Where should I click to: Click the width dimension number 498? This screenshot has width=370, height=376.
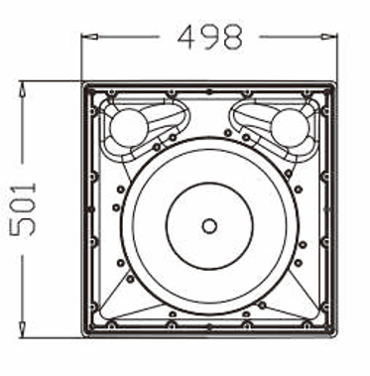pyautogui.click(x=209, y=37)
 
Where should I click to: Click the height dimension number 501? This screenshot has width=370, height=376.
pyautogui.click(x=23, y=208)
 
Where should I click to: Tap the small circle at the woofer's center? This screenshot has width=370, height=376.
pyautogui.click(x=209, y=225)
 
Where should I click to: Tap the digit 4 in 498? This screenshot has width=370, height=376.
pyautogui.click(x=186, y=37)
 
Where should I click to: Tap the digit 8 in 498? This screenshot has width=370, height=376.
pyautogui.click(x=232, y=37)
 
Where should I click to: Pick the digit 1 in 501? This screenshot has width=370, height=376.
pyautogui.click(x=23, y=187)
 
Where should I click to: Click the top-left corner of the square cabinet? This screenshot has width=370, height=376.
pyautogui.click(x=81, y=82)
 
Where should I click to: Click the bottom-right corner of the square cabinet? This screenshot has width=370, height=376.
pyautogui.click(x=337, y=337)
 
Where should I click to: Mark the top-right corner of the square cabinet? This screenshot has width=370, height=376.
pyautogui.click(x=337, y=82)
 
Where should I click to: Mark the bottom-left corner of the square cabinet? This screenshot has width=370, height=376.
pyautogui.click(x=81, y=337)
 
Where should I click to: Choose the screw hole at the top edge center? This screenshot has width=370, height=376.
pyautogui.click(x=209, y=94)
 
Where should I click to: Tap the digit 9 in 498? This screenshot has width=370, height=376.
pyautogui.click(x=209, y=37)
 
